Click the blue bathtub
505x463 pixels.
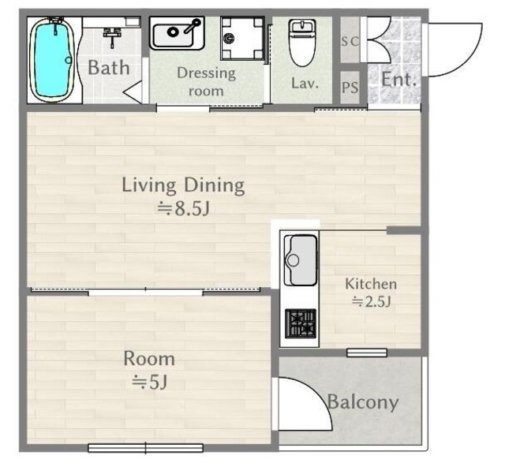[51, 60]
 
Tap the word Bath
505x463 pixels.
[109, 68]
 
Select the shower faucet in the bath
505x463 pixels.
[112, 37]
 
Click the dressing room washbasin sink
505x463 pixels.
[177, 33]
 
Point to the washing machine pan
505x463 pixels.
[242, 39]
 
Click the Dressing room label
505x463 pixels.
[206, 81]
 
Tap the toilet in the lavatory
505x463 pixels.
[302, 42]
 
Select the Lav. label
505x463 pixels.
[305, 83]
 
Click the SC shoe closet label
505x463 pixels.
[350, 41]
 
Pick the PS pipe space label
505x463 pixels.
[350, 88]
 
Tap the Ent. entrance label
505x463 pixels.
[398, 79]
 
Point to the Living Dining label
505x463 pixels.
[183, 185]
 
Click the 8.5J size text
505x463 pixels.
[183, 209]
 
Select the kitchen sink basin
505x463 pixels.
[300, 260]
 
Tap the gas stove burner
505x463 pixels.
[301, 323]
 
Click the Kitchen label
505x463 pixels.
[371, 284]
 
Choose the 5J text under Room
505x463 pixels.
[149, 383]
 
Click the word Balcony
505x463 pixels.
[363, 402]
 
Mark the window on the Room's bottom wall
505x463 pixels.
[145, 447]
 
